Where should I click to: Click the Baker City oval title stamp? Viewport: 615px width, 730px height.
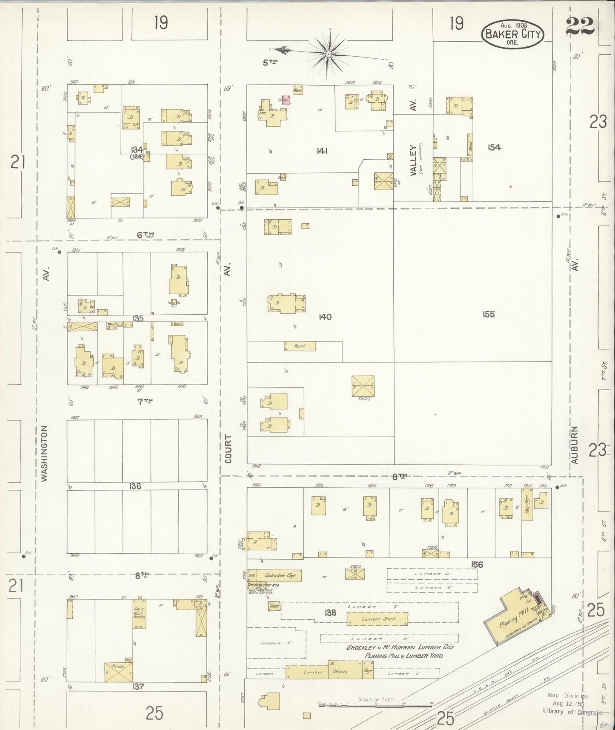tap(513, 34)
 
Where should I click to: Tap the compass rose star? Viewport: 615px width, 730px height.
tap(329, 54)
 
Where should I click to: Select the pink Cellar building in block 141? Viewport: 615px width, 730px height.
tap(286, 100)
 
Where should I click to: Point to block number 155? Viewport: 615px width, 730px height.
tap(489, 314)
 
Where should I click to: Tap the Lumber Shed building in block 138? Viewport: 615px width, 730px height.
tap(378, 618)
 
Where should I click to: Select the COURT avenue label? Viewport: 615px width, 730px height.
tap(228, 449)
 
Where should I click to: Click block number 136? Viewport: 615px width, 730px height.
tap(135, 486)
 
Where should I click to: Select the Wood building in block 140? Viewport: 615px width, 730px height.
tap(300, 346)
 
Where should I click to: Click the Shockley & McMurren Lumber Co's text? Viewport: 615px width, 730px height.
tap(400, 647)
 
